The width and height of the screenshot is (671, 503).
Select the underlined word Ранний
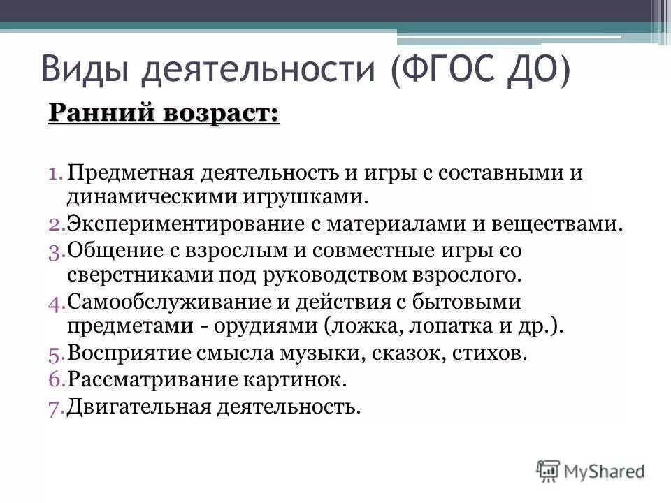tap(98, 112)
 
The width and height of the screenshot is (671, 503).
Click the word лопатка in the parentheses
tap(456, 327)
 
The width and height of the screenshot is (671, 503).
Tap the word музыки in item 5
tap(321, 353)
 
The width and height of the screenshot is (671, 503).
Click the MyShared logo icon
tap(549, 469)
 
